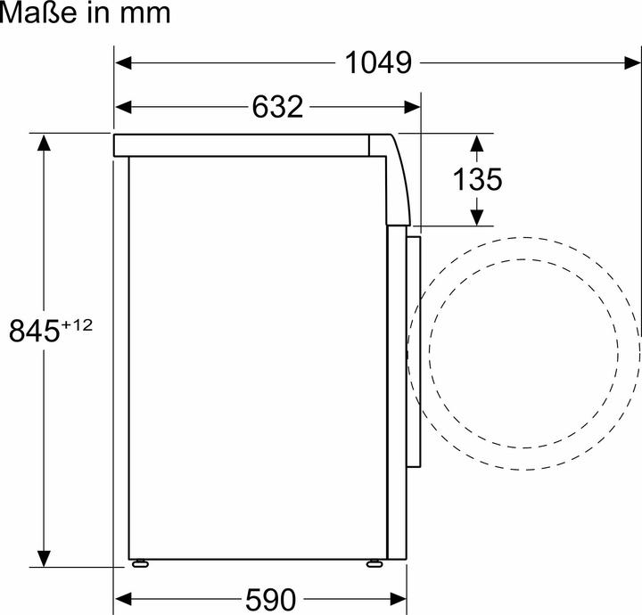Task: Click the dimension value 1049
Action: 378,63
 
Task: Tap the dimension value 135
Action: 477,179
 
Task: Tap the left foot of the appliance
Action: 140,562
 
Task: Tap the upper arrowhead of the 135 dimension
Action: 477,142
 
